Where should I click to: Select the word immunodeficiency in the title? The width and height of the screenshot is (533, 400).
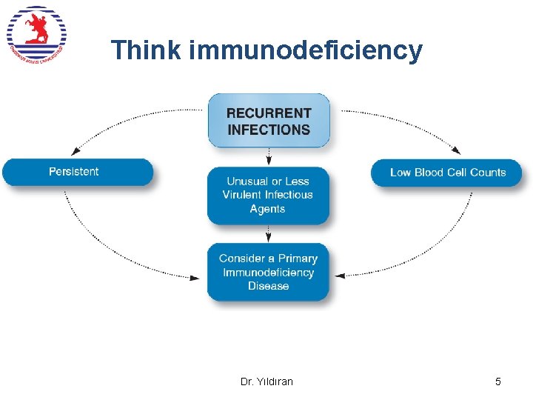(x=306, y=50)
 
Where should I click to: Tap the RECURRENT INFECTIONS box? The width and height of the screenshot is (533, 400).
(x=269, y=121)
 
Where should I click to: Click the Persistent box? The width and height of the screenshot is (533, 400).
(x=77, y=172)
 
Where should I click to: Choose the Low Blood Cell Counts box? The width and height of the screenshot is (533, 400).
(x=446, y=173)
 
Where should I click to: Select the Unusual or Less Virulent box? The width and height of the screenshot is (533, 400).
(x=268, y=196)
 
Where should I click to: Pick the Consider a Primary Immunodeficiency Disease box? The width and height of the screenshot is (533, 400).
(x=268, y=272)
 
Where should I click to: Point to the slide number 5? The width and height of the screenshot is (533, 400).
(x=497, y=381)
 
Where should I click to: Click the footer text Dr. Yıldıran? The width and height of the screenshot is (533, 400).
(x=266, y=381)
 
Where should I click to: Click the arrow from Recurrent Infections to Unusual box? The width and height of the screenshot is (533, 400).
(x=269, y=157)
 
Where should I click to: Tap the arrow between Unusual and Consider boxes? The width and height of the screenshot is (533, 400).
(x=269, y=234)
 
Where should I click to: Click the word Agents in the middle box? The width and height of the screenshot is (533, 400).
(x=267, y=209)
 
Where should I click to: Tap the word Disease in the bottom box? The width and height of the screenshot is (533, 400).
(x=268, y=286)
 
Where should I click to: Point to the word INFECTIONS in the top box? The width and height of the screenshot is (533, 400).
(x=269, y=130)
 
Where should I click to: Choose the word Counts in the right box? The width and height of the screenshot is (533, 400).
(x=488, y=173)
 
